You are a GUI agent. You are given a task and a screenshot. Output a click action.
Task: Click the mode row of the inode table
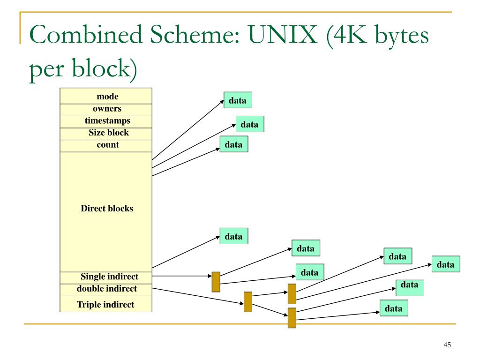(x=106, y=96)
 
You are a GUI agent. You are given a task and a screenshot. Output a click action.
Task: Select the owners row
(x=106, y=110)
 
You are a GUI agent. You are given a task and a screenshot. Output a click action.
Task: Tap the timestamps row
(x=106, y=122)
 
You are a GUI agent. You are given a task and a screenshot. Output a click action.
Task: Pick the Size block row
(x=106, y=134)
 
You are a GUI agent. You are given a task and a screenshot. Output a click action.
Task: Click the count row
(x=106, y=146)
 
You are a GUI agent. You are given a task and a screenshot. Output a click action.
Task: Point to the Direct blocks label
(x=107, y=209)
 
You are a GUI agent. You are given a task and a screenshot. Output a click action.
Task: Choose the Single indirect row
(x=106, y=277)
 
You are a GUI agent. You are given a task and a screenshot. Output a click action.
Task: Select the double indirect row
(x=106, y=290)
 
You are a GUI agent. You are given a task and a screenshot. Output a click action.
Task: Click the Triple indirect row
(x=106, y=304)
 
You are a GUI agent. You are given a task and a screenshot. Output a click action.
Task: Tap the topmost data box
(x=238, y=100)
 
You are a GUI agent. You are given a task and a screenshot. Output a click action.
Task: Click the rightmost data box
(x=446, y=264)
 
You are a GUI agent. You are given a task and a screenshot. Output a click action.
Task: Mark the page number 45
(x=447, y=345)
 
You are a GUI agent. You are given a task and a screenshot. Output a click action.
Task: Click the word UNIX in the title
(x=282, y=34)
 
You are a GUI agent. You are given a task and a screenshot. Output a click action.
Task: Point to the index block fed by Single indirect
(x=216, y=282)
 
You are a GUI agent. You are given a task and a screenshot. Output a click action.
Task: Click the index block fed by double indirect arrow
(x=248, y=302)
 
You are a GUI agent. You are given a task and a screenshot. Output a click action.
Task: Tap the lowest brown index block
(x=292, y=318)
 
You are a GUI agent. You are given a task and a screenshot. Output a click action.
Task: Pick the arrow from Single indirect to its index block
(x=182, y=276)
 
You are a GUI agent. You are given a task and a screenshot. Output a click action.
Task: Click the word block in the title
(x=101, y=68)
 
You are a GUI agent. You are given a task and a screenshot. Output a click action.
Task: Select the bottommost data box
(x=394, y=308)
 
